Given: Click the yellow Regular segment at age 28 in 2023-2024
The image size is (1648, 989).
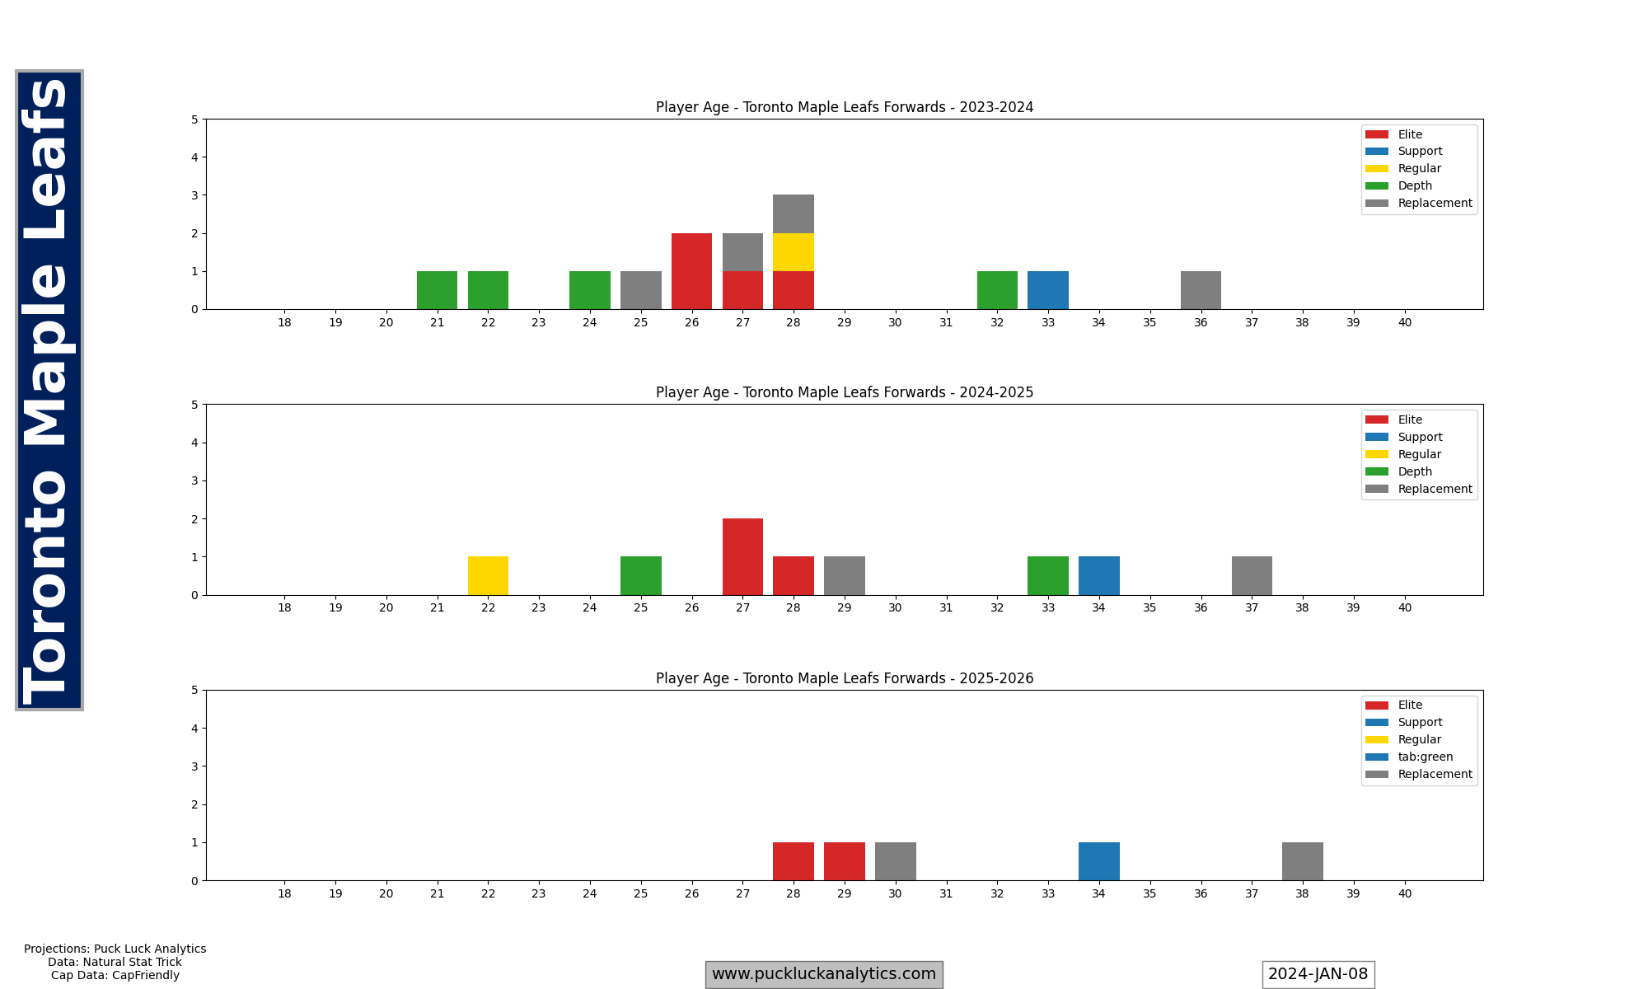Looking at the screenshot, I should click(794, 252).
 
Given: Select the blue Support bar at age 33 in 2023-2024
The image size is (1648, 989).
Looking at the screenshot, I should click(1048, 290).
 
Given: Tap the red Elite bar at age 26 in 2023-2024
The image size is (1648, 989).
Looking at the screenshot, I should click(691, 271).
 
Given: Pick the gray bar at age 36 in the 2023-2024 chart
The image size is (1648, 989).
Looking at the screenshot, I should click(1201, 290).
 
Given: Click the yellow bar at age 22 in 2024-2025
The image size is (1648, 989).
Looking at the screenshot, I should click(488, 576).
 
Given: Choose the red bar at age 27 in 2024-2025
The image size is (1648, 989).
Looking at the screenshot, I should click(742, 557).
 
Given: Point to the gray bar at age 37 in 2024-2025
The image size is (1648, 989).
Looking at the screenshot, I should click(1252, 576).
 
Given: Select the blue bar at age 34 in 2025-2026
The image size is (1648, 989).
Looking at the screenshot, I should click(1099, 861).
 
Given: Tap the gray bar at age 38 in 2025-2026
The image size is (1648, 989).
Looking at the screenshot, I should click(1303, 861).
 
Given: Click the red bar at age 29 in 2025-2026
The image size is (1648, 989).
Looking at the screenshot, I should click(845, 861).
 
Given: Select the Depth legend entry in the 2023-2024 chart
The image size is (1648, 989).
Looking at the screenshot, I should click(1415, 185).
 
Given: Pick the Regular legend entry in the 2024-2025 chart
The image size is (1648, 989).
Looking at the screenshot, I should click(1419, 454).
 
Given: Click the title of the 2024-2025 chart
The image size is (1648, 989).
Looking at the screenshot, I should click(845, 392).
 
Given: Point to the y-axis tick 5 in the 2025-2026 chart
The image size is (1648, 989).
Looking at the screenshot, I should click(194, 690).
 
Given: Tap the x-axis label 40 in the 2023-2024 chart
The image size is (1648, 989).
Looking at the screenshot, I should click(1405, 322).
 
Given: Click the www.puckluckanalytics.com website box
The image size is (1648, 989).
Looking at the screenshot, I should click(824, 974).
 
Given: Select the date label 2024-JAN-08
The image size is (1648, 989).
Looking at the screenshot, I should click(1318, 974).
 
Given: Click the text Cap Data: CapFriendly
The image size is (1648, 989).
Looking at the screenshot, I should click(115, 975).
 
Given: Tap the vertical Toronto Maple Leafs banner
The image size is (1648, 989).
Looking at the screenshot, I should click(49, 390).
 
